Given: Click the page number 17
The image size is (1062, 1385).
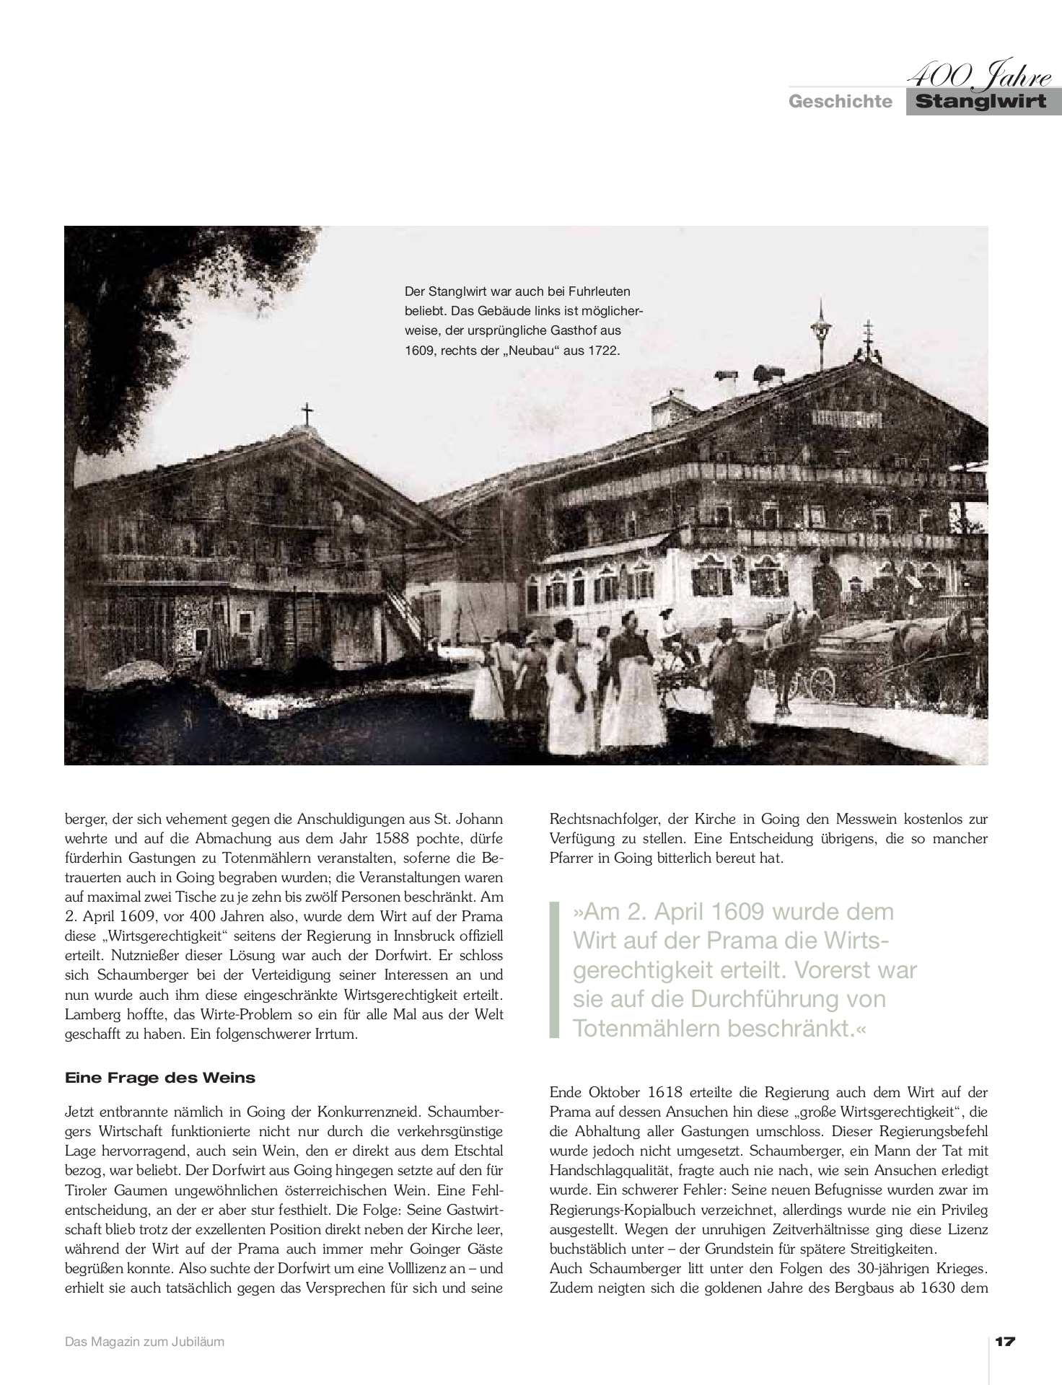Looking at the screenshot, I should click(x=1005, y=1342).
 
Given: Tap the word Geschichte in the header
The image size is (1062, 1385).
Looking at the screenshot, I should click(x=840, y=102).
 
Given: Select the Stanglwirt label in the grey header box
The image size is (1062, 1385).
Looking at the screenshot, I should click(x=981, y=102).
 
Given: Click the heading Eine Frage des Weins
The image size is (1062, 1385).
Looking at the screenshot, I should click(x=160, y=1078).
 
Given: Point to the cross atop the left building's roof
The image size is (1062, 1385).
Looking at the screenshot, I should click(x=307, y=414).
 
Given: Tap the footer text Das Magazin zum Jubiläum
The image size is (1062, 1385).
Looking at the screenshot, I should click(x=144, y=1342).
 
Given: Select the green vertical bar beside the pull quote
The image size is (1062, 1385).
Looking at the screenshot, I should click(x=554, y=969).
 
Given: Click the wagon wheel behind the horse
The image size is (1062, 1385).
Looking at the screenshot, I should click(x=822, y=679).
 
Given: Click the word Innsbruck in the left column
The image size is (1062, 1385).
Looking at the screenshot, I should click(x=416, y=936).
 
